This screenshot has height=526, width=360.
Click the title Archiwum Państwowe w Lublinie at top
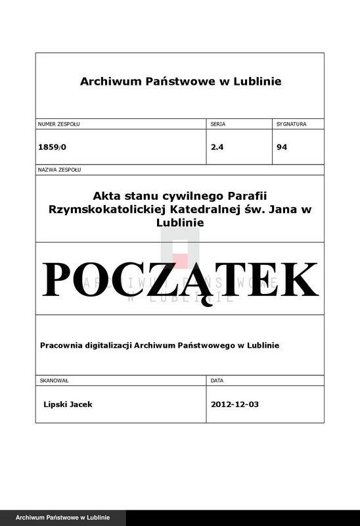[180, 82]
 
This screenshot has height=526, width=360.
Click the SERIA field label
[217, 124]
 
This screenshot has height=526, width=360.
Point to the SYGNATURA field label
[291, 124]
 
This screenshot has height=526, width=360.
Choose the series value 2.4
[217, 147]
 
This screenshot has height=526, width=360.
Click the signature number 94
[282, 147]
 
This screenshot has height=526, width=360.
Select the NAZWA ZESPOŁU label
[59, 170]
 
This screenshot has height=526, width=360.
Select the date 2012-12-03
[235, 404]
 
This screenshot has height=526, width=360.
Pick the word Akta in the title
[106, 195]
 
